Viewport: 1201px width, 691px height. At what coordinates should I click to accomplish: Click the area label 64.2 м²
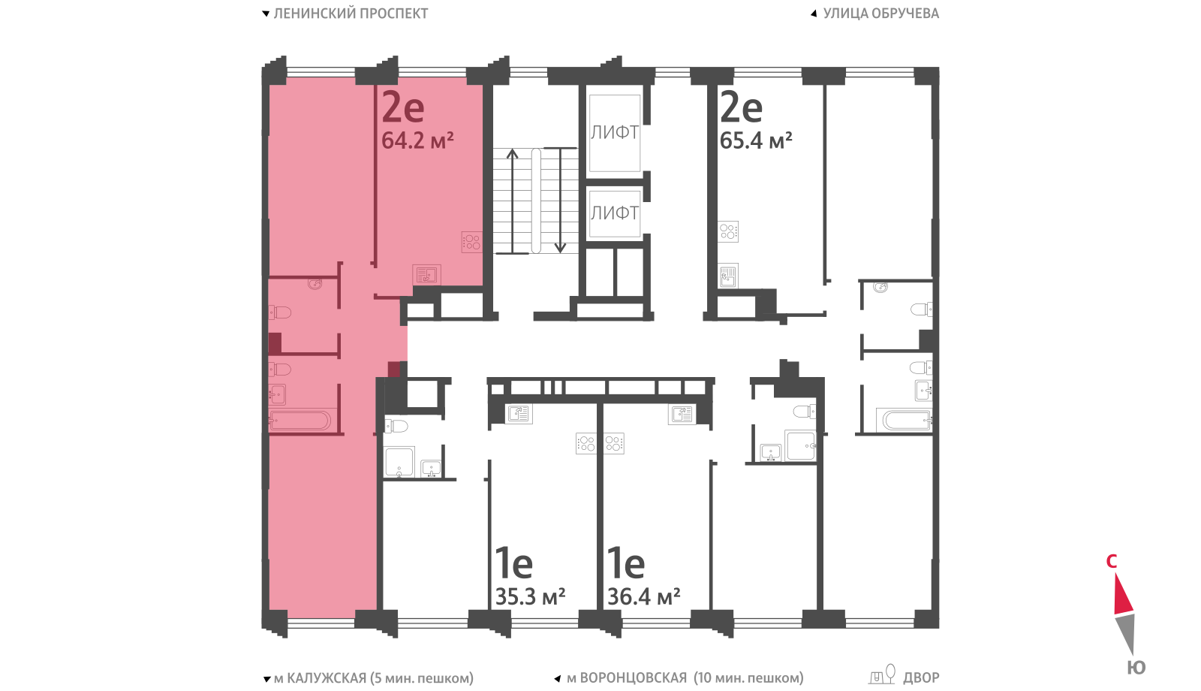point(417,140)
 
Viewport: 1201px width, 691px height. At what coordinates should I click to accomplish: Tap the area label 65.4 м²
point(755,140)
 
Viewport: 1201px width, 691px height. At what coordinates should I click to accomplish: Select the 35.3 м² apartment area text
point(530,596)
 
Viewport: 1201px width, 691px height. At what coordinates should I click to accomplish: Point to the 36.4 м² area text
point(643,596)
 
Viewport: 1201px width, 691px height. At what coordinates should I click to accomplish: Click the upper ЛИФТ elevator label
point(615,132)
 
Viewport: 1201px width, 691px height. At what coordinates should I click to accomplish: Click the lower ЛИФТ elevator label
point(615,213)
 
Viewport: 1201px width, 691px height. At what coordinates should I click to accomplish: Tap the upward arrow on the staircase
point(513,201)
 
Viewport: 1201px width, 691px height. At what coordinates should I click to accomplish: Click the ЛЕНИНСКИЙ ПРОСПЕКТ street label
point(351,14)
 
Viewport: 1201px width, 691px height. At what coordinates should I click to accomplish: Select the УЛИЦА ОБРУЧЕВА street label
point(881,14)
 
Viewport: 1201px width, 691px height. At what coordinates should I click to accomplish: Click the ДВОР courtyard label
point(921,678)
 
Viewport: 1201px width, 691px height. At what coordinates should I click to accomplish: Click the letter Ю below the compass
point(1136,668)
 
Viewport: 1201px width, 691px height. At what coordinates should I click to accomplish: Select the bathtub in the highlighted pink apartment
point(299,421)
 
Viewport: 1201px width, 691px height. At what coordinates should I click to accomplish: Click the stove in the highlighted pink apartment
point(472,242)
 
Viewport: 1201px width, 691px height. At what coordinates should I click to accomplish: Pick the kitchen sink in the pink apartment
point(426,275)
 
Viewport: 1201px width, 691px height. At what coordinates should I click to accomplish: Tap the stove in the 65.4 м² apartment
point(728,232)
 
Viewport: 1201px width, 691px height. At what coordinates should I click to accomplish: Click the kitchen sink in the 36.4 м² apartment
point(682,414)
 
